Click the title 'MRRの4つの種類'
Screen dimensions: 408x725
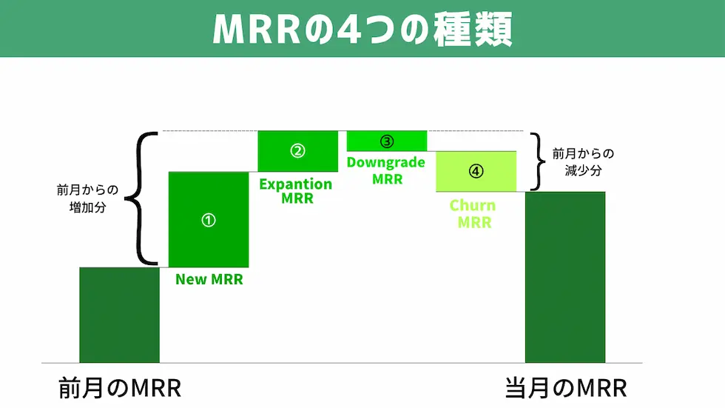pos(362,29)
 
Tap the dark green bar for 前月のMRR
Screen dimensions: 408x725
pos(119,315)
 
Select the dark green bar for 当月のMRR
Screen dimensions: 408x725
pos(564,277)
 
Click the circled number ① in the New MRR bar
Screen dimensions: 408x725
pos(209,220)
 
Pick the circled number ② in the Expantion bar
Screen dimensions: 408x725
pos(297,151)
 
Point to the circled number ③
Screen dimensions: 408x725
pos(387,141)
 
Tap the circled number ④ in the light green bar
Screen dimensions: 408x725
pos(476,171)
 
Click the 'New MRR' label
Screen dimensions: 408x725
pos(209,280)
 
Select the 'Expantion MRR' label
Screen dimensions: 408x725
pos(296,191)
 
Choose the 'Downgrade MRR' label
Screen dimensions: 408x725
pos(387,170)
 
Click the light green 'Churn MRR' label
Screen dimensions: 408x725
pos(473,213)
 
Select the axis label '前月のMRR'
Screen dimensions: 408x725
pos(120,388)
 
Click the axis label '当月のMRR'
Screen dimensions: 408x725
pos(566,388)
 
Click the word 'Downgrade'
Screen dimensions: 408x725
pos(387,163)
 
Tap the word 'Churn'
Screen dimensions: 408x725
pos(473,205)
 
